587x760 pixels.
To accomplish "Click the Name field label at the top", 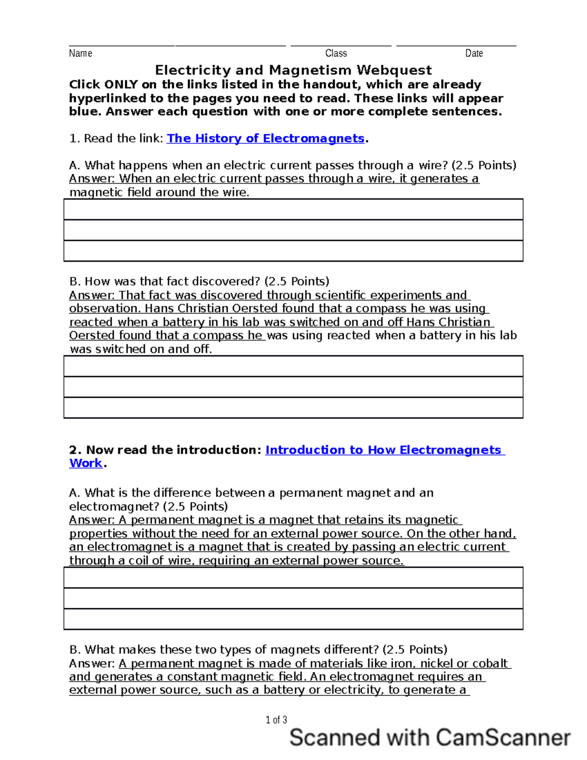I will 80,53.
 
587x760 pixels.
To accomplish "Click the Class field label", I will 336,53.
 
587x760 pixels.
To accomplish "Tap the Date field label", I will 474,53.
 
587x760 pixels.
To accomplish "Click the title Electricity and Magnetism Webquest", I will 293,70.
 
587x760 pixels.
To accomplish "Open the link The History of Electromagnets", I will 266,138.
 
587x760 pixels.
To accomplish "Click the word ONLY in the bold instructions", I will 121,85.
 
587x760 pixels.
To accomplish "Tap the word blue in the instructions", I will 85,112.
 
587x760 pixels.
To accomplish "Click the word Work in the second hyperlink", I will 86,463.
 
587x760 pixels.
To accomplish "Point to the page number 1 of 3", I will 276,720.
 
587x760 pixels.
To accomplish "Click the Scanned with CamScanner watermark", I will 430,737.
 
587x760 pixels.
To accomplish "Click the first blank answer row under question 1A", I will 293,209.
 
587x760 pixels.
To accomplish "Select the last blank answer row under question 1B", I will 293,408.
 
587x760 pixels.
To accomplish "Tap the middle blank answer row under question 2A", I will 293,599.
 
